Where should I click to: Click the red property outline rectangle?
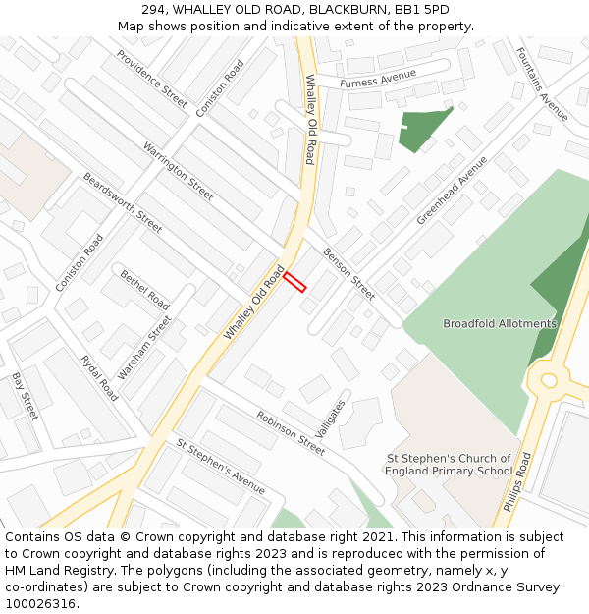(294, 282)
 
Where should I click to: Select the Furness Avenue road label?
(378, 79)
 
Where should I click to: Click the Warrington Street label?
(178, 171)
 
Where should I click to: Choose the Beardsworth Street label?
(123, 202)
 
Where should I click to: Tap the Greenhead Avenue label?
(452, 190)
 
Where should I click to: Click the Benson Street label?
(348, 273)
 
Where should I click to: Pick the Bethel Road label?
(144, 290)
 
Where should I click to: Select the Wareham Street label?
(144, 348)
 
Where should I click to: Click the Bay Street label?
(25, 396)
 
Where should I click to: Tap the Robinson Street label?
(291, 432)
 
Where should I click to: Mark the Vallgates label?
(333, 419)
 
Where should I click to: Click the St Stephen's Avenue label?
(221, 466)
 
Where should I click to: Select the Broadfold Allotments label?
(499, 323)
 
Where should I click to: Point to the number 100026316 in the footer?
(40, 603)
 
